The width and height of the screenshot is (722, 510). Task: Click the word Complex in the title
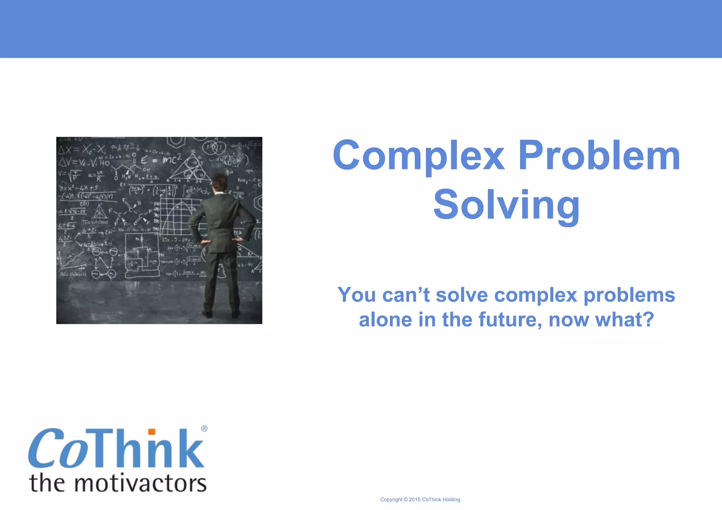click(x=419, y=156)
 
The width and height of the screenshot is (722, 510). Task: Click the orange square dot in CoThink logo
click(x=152, y=432)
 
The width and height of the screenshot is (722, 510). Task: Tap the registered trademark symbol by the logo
click(x=204, y=429)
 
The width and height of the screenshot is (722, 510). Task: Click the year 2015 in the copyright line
click(x=415, y=499)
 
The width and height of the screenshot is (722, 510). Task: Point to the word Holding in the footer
click(x=451, y=499)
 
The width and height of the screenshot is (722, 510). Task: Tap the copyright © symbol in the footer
click(x=405, y=499)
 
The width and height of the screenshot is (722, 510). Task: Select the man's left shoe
click(x=207, y=313)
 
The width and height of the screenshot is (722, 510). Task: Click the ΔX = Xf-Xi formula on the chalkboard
click(x=82, y=150)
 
